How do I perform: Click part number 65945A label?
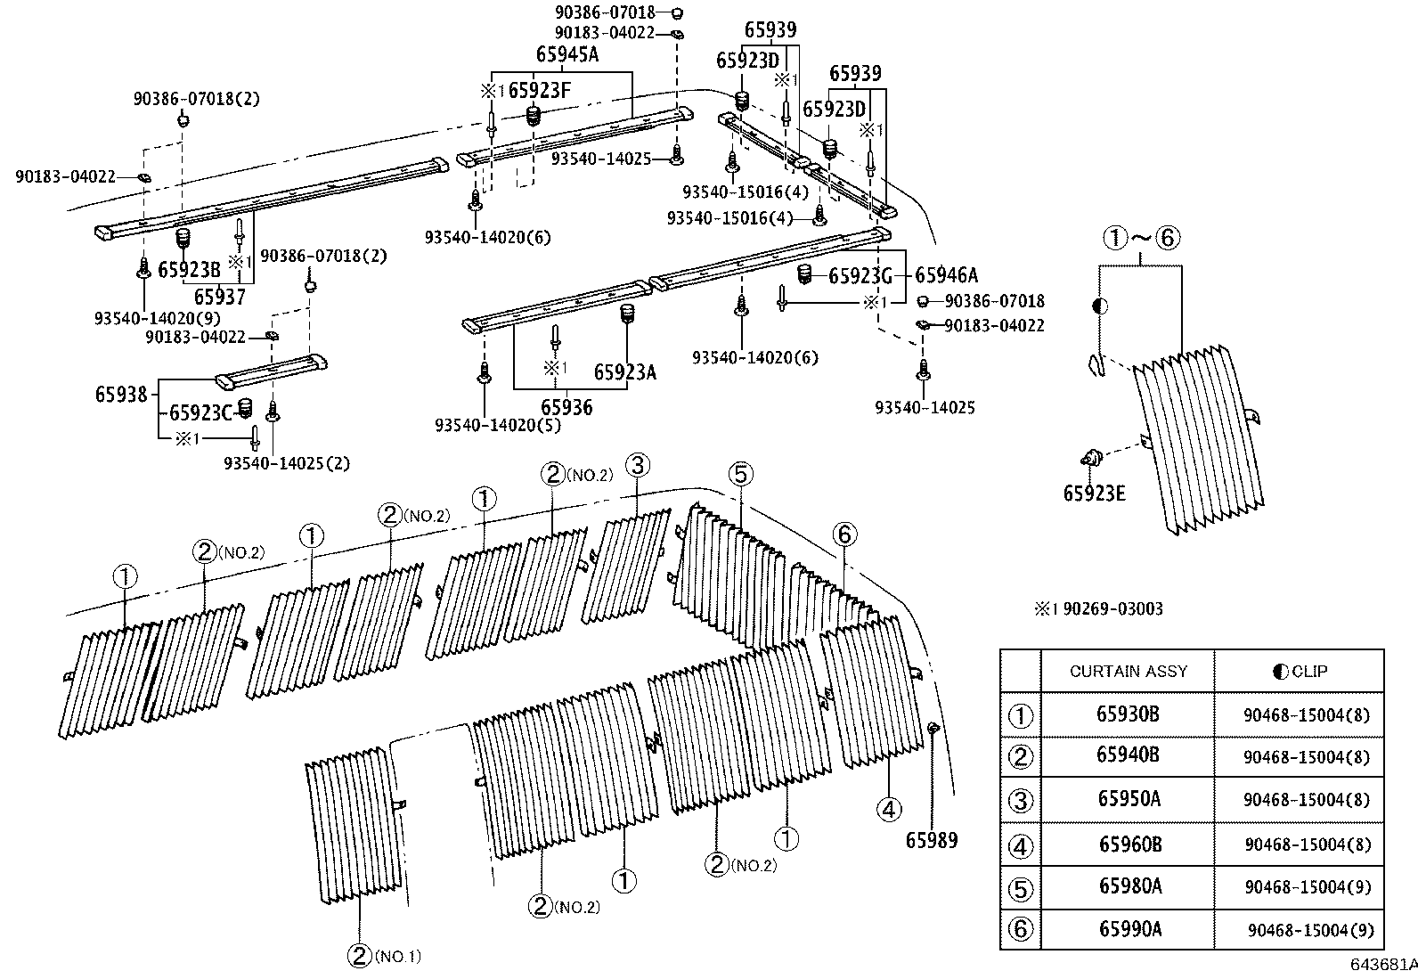click(x=566, y=55)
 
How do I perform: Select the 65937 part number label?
click(x=219, y=297)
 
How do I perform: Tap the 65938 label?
click(x=121, y=393)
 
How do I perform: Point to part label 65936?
click(x=566, y=407)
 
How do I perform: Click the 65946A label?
click(x=946, y=275)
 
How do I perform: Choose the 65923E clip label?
click(x=1094, y=492)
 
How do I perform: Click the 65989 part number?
click(x=932, y=839)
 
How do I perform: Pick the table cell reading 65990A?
click(x=1129, y=929)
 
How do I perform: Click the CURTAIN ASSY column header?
click(x=1128, y=671)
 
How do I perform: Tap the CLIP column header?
click(x=1299, y=671)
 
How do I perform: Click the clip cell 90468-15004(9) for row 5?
click(x=1308, y=887)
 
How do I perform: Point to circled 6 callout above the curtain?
click(x=845, y=534)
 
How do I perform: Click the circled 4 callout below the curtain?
click(x=889, y=809)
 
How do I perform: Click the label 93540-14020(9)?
click(x=157, y=317)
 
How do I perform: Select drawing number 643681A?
click(x=1382, y=965)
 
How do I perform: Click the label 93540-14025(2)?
click(x=287, y=462)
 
